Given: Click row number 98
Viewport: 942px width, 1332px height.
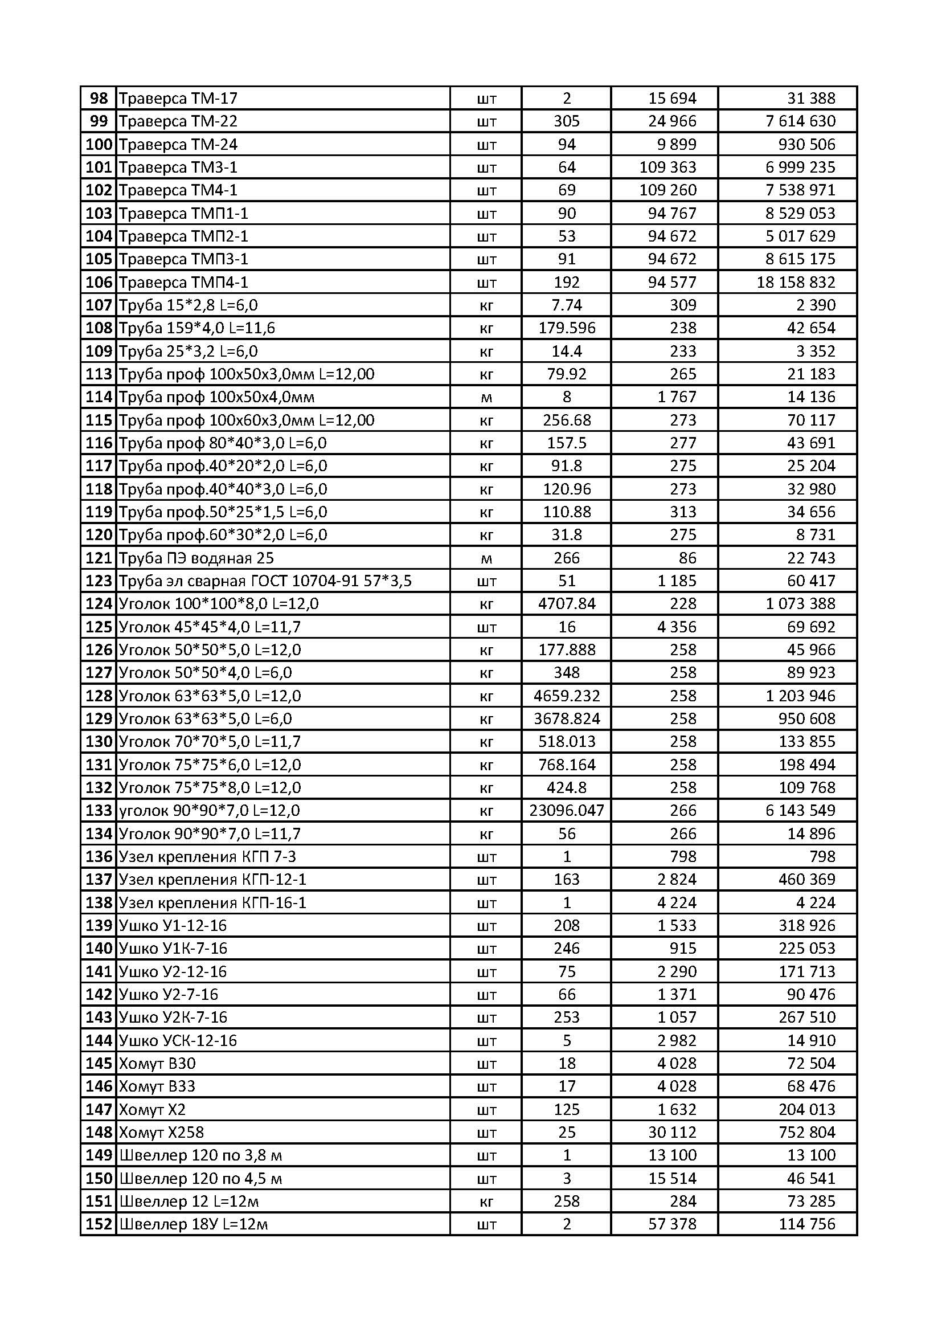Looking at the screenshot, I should [x=99, y=99].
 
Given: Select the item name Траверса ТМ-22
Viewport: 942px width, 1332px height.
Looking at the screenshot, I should [x=178, y=121].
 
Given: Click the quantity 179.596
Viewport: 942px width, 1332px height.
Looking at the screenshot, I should [x=566, y=328].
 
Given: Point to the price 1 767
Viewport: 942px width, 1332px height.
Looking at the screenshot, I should [x=677, y=398].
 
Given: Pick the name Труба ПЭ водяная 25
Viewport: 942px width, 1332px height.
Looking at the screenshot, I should [x=196, y=558].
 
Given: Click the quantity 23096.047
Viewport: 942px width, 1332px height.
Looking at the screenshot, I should [x=566, y=811].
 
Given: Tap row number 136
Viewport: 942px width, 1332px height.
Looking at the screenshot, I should [x=99, y=856].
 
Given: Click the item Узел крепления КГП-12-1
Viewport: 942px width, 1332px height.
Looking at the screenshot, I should [x=212, y=880].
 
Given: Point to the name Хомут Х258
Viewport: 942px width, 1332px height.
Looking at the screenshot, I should [x=161, y=1132].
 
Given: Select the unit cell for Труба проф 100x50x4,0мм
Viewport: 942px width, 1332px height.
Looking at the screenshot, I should [x=486, y=398].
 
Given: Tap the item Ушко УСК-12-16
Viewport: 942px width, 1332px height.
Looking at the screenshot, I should [x=178, y=1040].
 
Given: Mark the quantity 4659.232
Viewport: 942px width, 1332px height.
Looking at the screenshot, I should [x=566, y=696].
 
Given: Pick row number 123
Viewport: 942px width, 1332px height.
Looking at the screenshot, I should [x=99, y=581].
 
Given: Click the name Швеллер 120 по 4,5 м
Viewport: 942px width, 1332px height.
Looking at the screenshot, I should [x=200, y=1178].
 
